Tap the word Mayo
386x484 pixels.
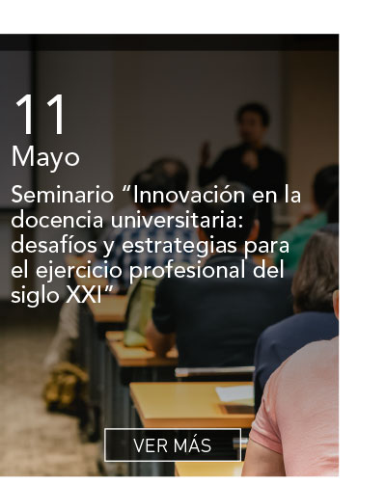tap(45, 157)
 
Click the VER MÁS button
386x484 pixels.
tap(173, 445)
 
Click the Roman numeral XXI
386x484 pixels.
tap(88, 292)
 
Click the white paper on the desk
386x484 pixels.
tap(234, 393)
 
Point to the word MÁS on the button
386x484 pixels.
tap(194, 445)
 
